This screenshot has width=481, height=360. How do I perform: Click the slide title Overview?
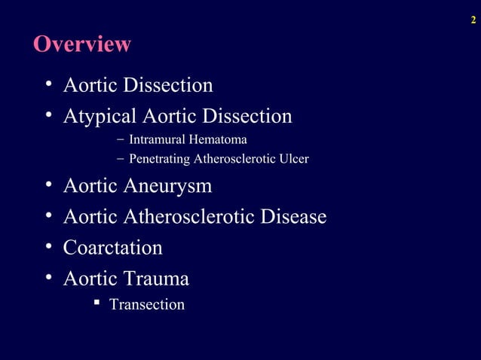(x=81, y=44)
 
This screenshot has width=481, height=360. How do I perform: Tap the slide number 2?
(x=473, y=20)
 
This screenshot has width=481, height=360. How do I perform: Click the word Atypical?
(x=100, y=117)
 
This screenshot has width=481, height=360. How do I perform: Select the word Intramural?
(x=155, y=140)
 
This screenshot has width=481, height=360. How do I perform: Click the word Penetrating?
(x=160, y=159)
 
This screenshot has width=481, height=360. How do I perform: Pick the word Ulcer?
(x=294, y=159)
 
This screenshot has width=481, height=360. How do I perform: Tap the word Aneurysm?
(x=168, y=186)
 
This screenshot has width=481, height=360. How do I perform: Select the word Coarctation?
(x=113, y=248)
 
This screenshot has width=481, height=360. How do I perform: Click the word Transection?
(x=147, y=305)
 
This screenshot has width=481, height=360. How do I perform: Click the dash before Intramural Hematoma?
(x=121, y=140)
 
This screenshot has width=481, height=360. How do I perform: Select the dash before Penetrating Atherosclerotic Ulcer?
(x=121, y=159)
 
